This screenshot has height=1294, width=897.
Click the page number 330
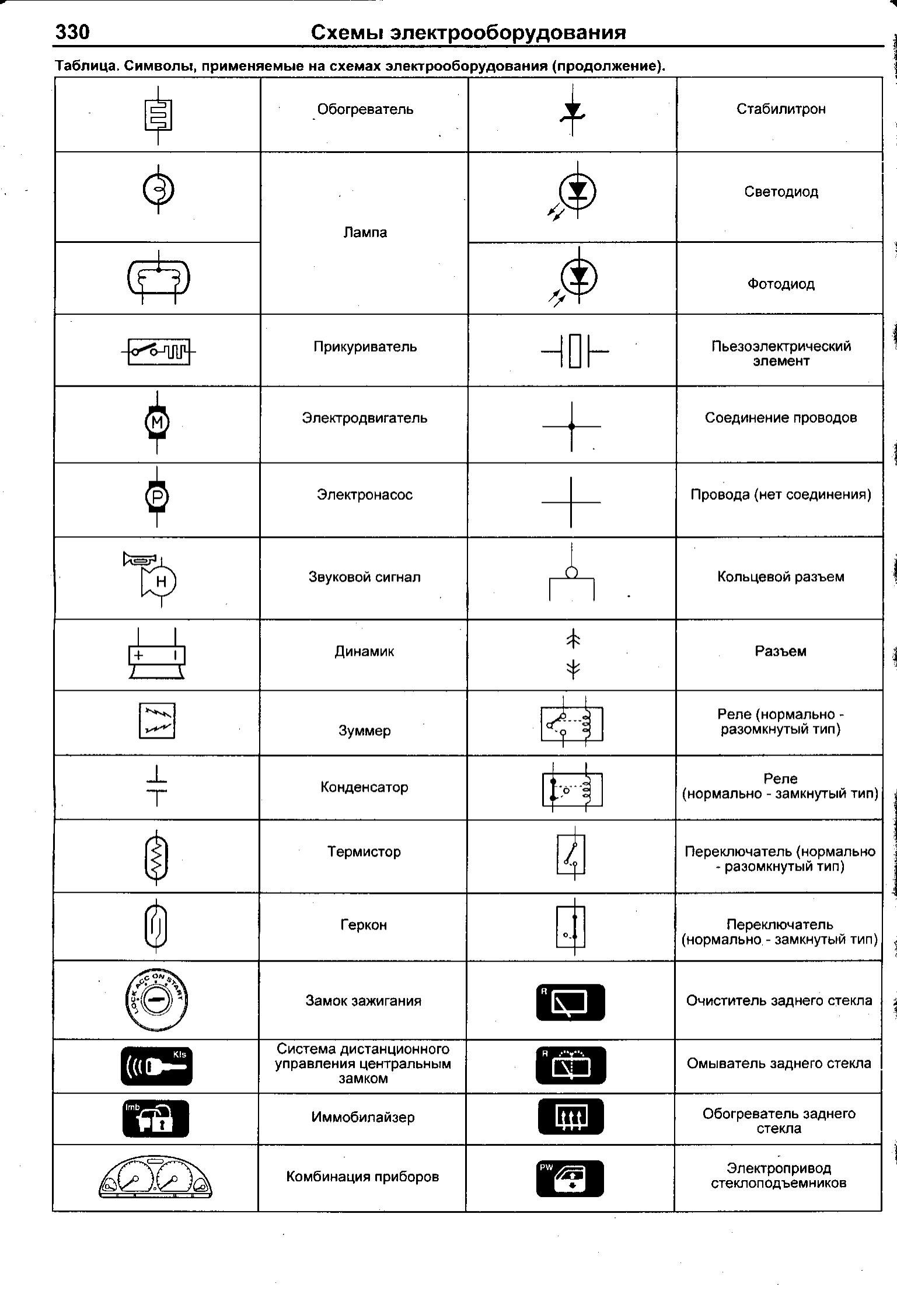pyautogui.click(x=72, y=32)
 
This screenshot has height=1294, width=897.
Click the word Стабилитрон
pyautogui.click(x=780, y=109)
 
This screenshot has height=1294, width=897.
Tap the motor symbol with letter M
pyautogui.click(x=157, y=422)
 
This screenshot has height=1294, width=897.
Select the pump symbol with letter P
pyautogui.click(x=157, y=497)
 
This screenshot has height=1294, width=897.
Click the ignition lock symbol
pyautogui.click(x=156, y=1000)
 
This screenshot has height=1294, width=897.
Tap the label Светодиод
pyautogui.click(x=780, y=192)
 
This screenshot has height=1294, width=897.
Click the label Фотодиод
pyautogui.click(x=780, y=284)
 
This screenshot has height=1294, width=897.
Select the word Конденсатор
pyautogui.click(x=364, y=787)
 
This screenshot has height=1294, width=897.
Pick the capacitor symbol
pyautogui.click(x=157, y=785)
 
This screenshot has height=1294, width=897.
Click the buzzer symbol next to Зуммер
pyautogui.click(x=157, y=721)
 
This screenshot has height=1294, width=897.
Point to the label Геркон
pyautogui.click(x=364, y=924)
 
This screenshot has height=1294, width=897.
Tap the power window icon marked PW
pyautogui.click(x=570, y=1178)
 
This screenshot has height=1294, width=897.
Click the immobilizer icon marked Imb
pyautogui.click(x=156, y=1118)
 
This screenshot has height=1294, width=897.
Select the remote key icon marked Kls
pyautogui.click(x=156, y=1066)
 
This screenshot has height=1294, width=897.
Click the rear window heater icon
pyautogui.click(x=570, y=1116)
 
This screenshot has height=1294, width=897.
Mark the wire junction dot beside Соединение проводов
pyautogui.click(x=571, y=426)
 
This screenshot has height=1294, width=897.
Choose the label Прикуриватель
pyautogui.click(x=365, y=346)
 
